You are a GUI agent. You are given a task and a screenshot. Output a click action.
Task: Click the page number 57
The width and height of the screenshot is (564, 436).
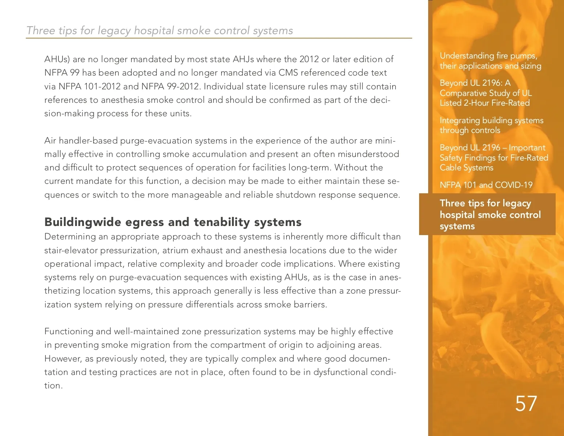[526, 403]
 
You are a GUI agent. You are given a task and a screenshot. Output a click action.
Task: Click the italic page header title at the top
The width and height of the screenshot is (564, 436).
[159, 31]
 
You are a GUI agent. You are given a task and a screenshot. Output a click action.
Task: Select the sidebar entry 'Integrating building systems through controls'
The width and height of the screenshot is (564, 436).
[491, 125]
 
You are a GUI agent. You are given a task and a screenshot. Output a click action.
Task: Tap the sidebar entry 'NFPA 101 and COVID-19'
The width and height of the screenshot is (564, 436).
[486, 185]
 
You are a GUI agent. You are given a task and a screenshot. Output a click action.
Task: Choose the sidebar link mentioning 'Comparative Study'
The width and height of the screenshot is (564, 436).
[486, 93]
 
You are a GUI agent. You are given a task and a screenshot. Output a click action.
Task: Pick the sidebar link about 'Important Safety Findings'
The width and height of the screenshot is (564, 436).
[494, 158]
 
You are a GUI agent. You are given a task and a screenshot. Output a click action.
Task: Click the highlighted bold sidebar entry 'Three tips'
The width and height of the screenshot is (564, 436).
[490, 214]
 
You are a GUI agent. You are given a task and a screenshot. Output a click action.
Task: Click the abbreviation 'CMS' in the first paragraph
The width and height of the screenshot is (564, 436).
[288, 73]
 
